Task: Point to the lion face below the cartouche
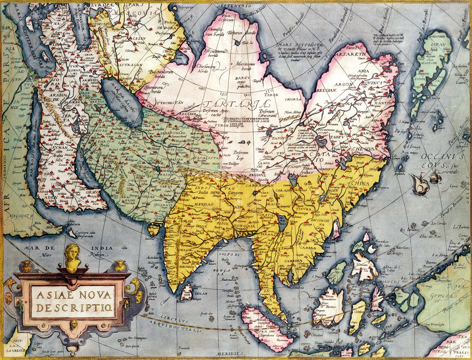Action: pos(73,324)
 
